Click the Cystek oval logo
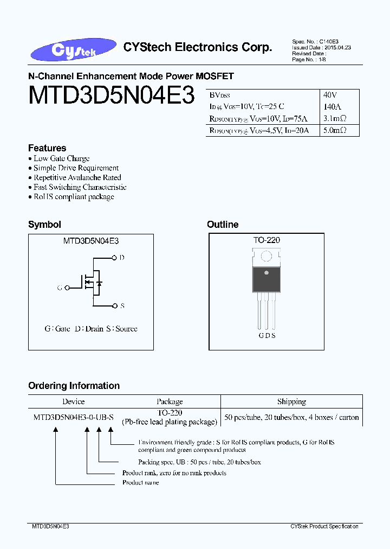[x=74, y=50]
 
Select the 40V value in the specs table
[x=330, y=94]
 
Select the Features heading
[x=47, y=148]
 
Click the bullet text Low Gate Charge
[x=61, y=158]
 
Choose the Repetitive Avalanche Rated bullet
[x=77, y=177]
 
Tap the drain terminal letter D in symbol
[x=122, y=258]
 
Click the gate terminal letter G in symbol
[x=59, y=288]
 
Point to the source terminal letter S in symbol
[x=122, y=306]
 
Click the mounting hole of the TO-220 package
[x=266, y=256]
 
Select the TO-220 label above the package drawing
[x=266, y=240]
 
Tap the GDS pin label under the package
[x=266, y=336]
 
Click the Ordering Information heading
[x=74, y=386]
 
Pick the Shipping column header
[x=291, y=402]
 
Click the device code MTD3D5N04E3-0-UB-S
[x=74, y=417]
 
